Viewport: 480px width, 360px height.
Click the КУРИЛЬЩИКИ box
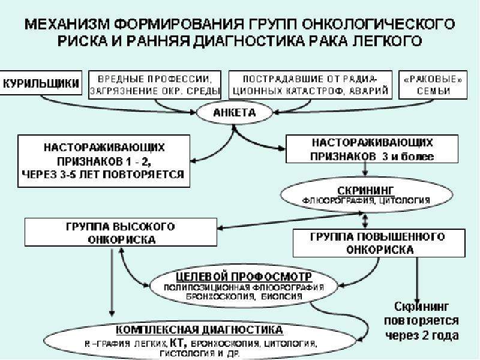point(42,84)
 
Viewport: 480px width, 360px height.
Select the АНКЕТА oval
point(235,112)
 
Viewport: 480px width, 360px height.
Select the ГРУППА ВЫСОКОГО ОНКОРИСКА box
point(120,233)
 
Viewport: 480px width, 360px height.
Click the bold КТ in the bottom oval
point(177,343)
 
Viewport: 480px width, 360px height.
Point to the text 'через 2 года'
point(421,335)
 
